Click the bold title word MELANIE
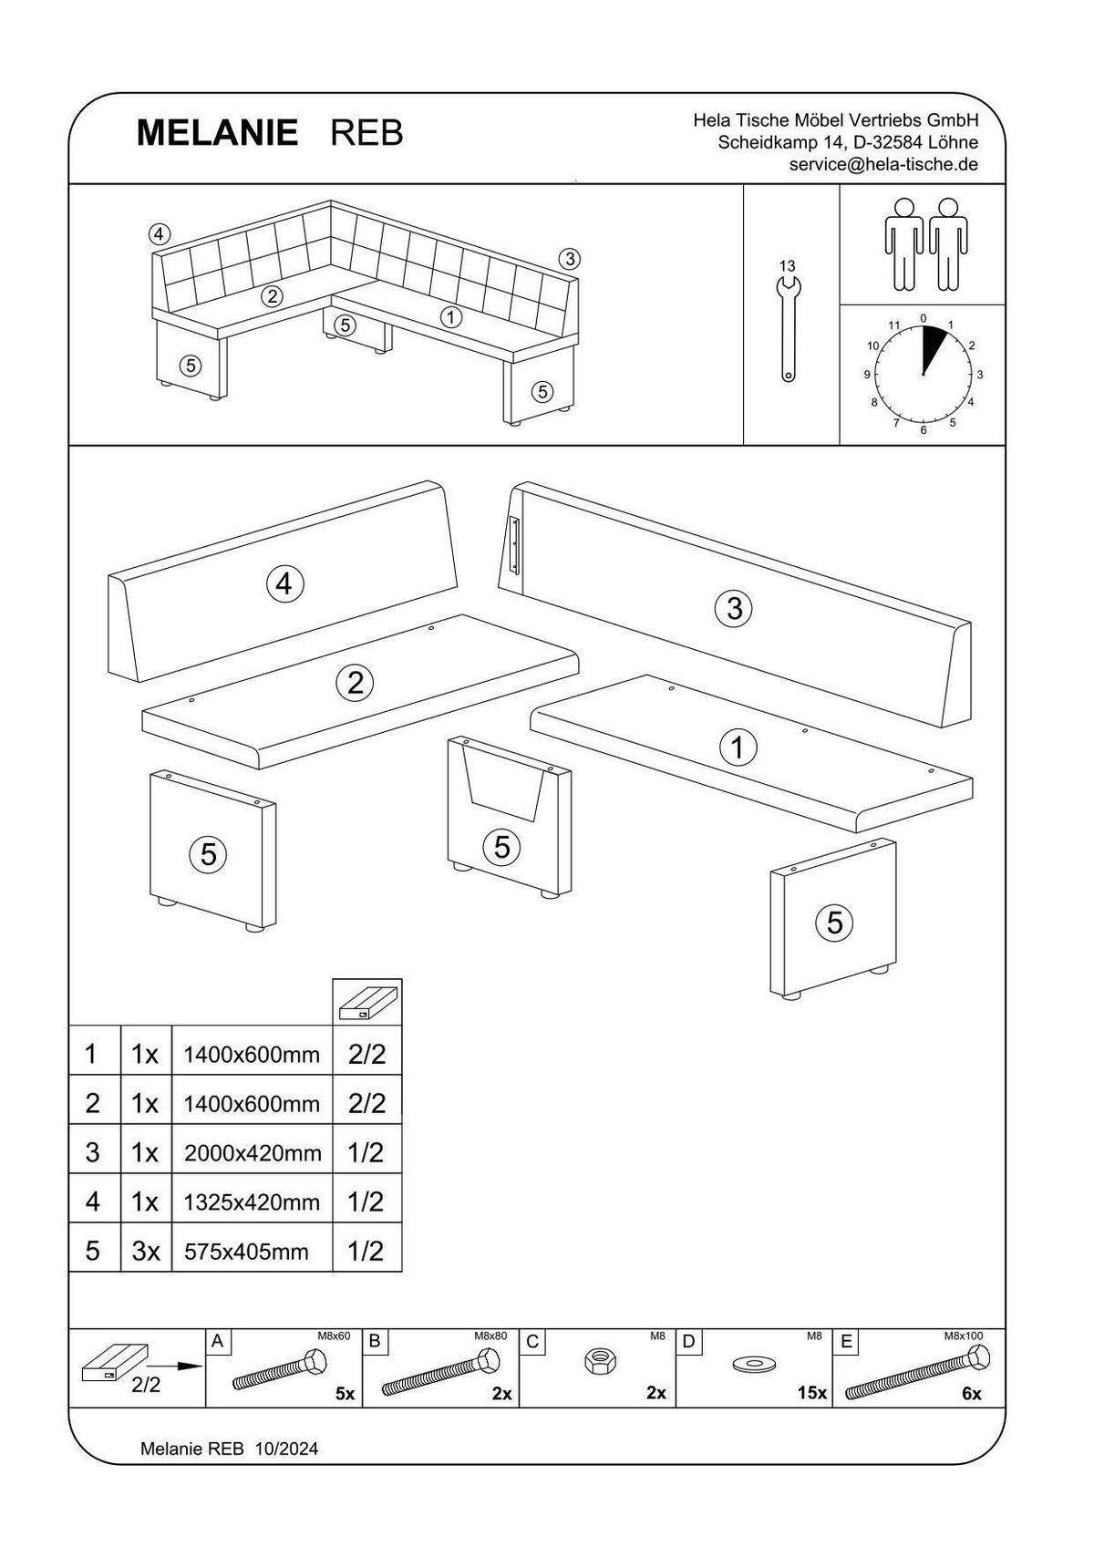(x=217, y=133)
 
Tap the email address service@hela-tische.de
(x=882, y=165)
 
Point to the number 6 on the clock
(x=924, y=429)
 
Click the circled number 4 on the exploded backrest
(x=284, y=583)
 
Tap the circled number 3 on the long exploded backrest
(x=735, y=607)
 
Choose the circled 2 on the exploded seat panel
(x=355, y=683)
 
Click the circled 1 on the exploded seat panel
(x=738, y=748)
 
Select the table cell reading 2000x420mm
(x=253, y=1153)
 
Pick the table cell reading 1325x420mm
(x=253, y=1202)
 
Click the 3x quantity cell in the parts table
(x=146, y=1252)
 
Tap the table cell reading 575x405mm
(x=246, y=1252)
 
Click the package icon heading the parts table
(x=367, y=1002)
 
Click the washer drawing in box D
(x=753, y=1364)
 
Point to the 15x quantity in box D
(x=811, y=1393)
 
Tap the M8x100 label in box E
(x=964, y=1336)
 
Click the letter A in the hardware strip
(x=217, y=1341)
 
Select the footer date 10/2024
(x=287, y=1449)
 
